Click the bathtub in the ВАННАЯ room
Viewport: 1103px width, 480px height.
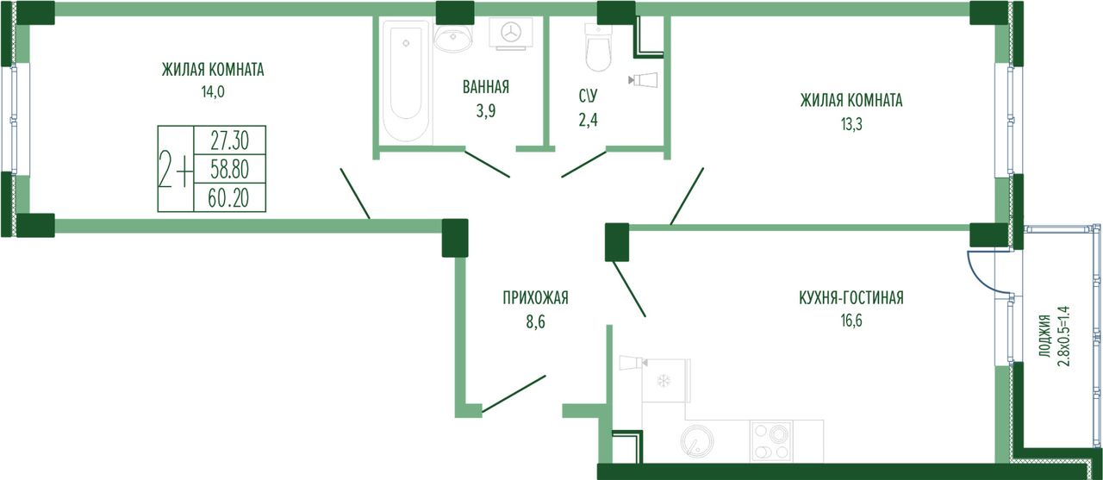coord(406,81)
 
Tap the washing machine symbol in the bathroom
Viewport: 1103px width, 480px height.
coord(511,34)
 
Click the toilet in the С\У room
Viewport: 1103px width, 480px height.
coord(598,47)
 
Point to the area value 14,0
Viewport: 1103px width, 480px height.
coord(213,92)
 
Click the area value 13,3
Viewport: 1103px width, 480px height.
coord(851,124)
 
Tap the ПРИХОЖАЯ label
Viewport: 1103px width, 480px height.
coord(535,298)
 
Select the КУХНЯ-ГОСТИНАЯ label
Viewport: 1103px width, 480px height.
coord(851,298)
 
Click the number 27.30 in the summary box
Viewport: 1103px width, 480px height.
coord(229,141)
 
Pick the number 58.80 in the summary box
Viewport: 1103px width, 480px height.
coord(229,170)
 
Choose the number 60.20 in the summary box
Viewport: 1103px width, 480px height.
coord(228,198)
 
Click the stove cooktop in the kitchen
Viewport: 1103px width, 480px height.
coord(771,440)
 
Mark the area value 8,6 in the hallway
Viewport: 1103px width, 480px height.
coord(536,322)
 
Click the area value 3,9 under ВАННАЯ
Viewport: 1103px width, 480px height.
coord(485,111)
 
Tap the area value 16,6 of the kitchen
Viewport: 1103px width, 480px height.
coord(851,321)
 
